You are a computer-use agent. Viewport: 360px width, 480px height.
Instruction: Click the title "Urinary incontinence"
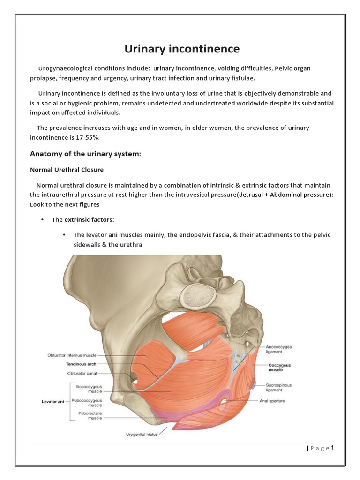click(x=181, y=49)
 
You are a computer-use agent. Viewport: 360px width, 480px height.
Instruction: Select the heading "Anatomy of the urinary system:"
click(x=85, y=154)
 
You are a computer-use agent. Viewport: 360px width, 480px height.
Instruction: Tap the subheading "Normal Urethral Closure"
click(x=67, y=169)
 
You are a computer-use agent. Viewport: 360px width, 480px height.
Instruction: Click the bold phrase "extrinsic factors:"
click(x=89, y=219)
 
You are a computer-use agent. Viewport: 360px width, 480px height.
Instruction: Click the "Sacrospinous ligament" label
click(x=279, y=387)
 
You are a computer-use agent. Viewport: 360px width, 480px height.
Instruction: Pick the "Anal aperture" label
click(x=272, y=401)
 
